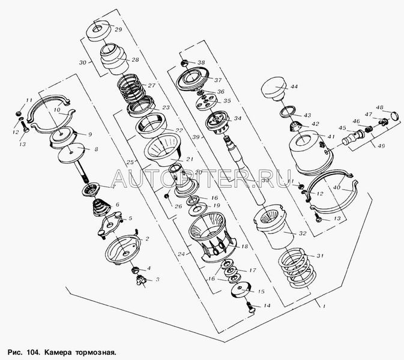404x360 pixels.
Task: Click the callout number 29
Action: coord(118,30)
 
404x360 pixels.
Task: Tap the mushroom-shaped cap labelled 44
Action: coord(275,91)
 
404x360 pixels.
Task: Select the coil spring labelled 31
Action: coord(297,264)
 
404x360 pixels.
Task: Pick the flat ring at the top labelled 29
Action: coord(99,30)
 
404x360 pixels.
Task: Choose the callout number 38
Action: coord(201,62)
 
